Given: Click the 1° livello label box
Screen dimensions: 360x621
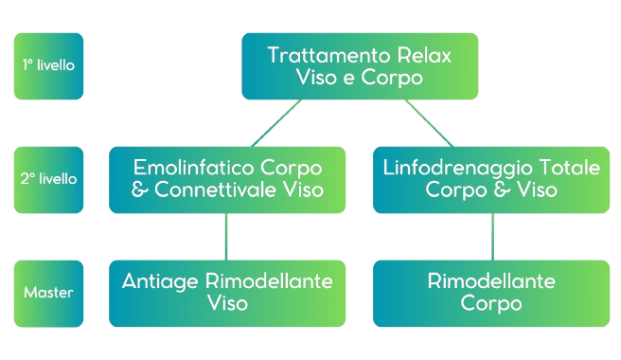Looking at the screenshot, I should [48, 66].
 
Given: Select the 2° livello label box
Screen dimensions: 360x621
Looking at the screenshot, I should [48, 179].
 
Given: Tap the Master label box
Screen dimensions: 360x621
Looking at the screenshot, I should [48, 293].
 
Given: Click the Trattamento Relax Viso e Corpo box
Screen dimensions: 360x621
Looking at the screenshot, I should [359, 66].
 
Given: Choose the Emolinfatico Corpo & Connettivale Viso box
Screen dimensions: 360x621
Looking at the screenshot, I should [227, 179].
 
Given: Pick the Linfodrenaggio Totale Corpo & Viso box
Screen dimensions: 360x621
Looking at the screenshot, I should [490, 179].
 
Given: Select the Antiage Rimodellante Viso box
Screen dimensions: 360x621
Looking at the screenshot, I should [227, 293].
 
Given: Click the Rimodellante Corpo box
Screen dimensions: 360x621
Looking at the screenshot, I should [490, 293].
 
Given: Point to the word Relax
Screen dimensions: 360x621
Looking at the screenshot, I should [424, 55].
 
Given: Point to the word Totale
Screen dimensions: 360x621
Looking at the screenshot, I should [565, 168].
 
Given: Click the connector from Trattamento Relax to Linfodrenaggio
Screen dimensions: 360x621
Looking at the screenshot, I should [428, 123].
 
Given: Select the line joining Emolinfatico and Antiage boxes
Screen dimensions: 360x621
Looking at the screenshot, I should [226, 236].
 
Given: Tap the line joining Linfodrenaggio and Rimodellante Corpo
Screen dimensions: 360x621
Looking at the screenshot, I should [492, 236].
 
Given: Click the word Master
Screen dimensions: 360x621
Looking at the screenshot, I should [48, 293].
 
